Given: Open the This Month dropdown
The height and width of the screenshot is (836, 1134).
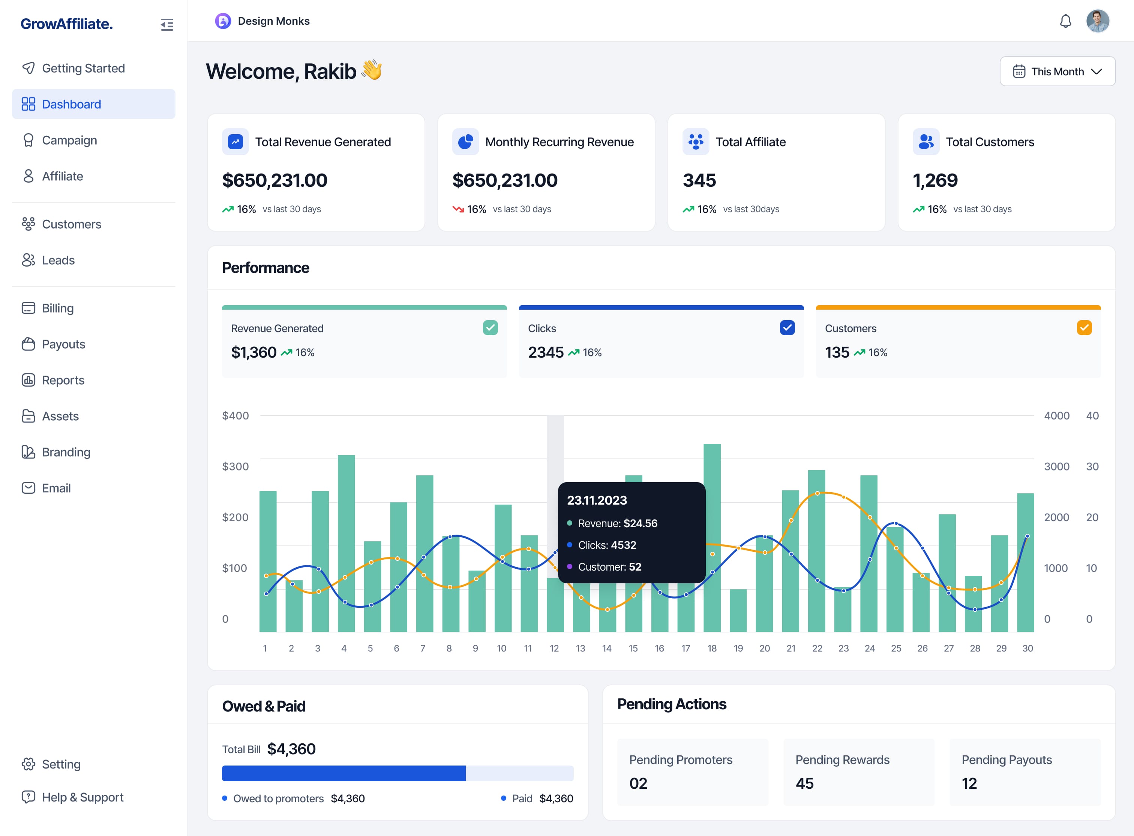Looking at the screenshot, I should (x=1057, y=71).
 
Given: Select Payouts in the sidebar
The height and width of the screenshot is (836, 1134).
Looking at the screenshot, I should (x=63, y=344).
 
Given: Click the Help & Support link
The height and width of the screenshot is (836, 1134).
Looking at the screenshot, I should (x=82, y=797).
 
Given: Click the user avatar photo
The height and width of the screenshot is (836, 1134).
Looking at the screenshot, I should (x=1098, y=21).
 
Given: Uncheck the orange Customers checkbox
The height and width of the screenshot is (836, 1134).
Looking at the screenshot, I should (x=1084, y=327).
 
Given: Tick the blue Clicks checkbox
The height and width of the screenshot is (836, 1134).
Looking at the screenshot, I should (x=787, y=327).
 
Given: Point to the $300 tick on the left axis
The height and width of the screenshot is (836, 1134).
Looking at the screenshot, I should (x=235, y=466).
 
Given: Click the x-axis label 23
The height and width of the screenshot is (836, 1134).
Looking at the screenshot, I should (x=843, y=648).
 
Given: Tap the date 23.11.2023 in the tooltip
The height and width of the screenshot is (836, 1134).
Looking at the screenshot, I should (x=597, y=500).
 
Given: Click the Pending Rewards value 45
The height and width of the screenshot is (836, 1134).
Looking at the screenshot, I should (x=804, y=784).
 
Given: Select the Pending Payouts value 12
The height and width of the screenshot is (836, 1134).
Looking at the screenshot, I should (x=969, y=784).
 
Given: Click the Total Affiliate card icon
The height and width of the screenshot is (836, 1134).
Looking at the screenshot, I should (x=696, y=142).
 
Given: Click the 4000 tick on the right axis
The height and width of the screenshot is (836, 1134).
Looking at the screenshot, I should (x=1056, y=415).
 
